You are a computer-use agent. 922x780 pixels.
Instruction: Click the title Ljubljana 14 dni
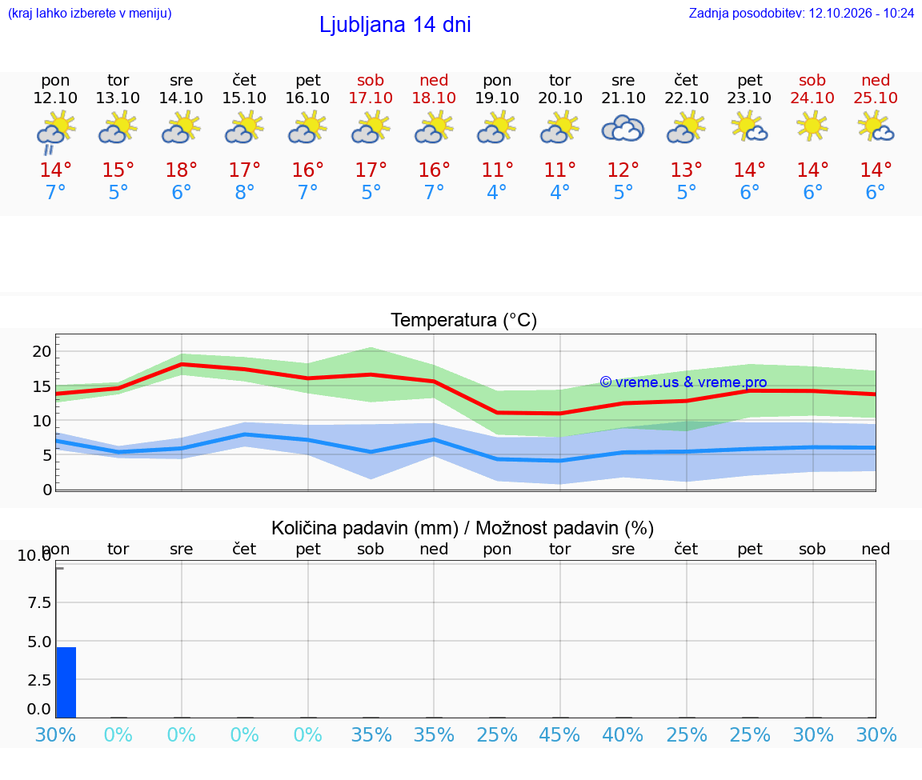[x=395, y=25]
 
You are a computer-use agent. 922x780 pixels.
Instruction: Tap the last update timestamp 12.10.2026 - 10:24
[x=861, y=13]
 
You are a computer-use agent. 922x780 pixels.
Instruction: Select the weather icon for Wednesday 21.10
[x=623, y=129]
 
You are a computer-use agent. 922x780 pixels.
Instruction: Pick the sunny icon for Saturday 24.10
[x=812, y=127]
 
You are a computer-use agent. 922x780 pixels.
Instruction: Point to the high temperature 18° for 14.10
[x=181, y=170]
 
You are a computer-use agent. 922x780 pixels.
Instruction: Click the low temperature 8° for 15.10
[x=245, y=192]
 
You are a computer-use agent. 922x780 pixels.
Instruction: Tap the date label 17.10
[x=371, y=98]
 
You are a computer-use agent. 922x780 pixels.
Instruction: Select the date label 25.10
[x=876, y=98]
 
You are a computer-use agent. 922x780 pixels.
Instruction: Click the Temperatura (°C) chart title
[x=464, y=320]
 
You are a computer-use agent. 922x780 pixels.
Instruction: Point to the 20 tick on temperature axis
[x=42, y=351]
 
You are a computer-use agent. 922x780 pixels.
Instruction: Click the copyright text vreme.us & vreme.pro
[x=683, y=382]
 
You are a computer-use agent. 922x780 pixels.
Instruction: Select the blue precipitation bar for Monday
[x=66, y=682]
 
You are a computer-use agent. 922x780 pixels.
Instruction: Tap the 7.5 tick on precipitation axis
[x=39, y=602]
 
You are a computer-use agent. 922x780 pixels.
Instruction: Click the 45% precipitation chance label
[x=559, y=734]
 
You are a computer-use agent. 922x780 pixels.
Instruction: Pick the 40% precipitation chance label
[x=623, y=734]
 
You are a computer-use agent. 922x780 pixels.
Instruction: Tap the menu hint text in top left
[x=90, y=13]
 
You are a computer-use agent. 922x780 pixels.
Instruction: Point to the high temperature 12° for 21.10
[x=623, y=170]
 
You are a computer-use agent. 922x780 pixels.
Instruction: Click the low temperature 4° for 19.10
[x=497, y=192]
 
